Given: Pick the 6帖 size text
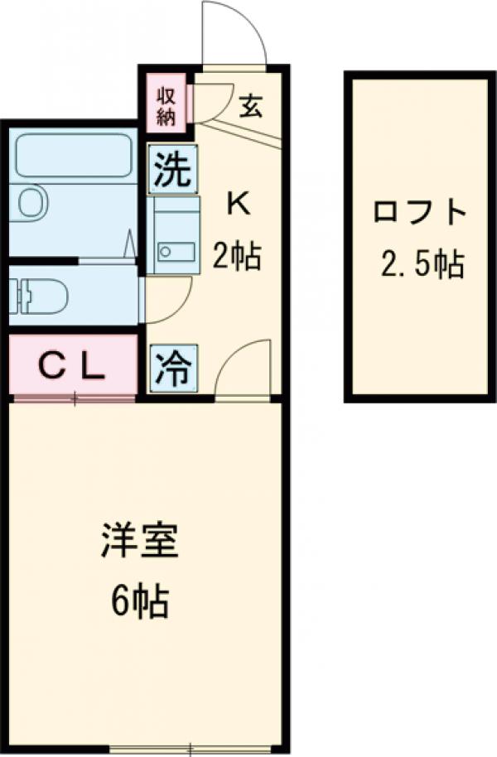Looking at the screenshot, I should tap(139, 602).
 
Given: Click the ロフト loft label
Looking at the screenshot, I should tap(418, 213).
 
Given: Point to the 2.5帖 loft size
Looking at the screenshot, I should tap(422, 265).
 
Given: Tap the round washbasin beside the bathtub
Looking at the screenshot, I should tap(31, 201).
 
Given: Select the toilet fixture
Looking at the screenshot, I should tap(29, 295).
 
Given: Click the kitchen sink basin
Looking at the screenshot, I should tap(176, 250).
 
